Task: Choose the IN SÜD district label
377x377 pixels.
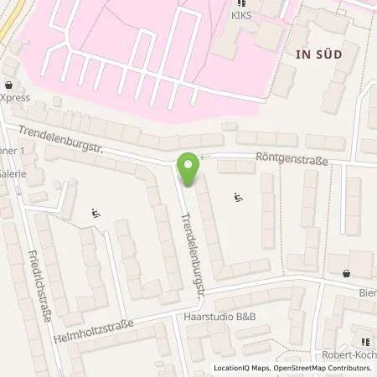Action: coord(319,54)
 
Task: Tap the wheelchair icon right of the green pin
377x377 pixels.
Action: coord(239,199)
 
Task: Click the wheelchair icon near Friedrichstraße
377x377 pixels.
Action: coord(95,214)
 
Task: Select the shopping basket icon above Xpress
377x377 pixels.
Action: coord(8,85)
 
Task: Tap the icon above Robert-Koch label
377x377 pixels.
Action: coord(364,342)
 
